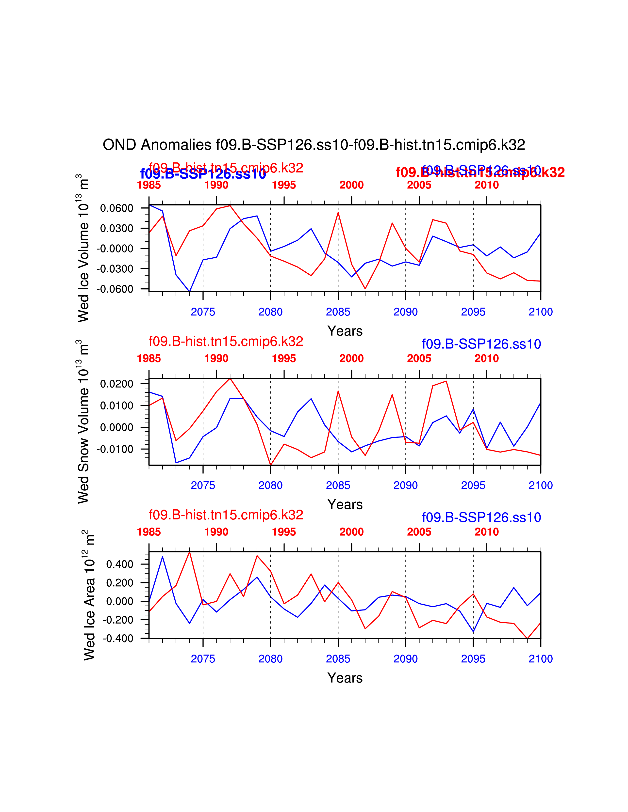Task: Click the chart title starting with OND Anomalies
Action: [314, 145]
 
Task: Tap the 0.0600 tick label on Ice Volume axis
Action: [116, 208]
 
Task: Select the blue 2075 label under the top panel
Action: [203, 312]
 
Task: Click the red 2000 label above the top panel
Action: [351, 185]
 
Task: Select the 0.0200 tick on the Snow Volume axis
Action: [116, 384]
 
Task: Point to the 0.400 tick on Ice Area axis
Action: [119, 564]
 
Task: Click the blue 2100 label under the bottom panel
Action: [540, 659]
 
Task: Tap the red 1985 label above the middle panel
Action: [149, 359]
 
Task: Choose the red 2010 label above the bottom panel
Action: [486, 532]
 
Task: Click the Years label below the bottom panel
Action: [345, 678]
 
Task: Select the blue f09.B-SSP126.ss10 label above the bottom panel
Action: [481, 517]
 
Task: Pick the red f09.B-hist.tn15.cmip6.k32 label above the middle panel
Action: [226, 341]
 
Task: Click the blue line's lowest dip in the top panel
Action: [190, 291]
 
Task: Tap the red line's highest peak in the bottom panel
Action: [190, 552]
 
